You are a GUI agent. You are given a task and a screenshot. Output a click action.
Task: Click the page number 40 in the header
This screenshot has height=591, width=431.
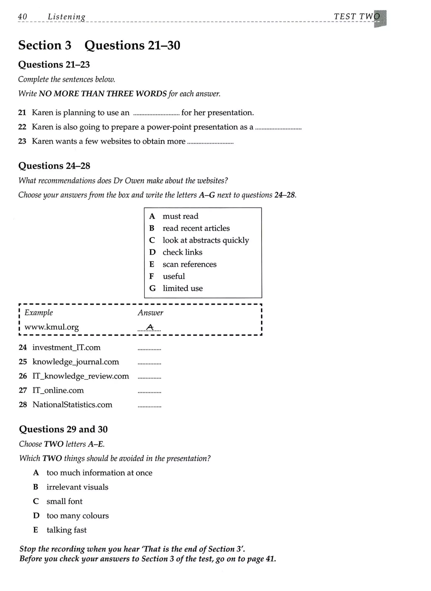[23, 17]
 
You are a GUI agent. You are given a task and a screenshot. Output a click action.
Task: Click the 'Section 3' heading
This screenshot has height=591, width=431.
[45, 45]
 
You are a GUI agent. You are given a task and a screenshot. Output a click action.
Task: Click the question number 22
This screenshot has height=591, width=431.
[22, 127]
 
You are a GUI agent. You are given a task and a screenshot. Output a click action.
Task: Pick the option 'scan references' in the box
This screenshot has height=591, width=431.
[189, 264]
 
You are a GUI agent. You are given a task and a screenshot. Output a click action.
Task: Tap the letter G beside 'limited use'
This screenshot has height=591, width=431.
[152, 288]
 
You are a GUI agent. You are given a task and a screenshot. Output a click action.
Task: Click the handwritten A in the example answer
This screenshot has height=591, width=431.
[150, 327]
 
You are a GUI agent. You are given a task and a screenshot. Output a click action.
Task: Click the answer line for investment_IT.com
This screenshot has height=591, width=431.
[149, 349]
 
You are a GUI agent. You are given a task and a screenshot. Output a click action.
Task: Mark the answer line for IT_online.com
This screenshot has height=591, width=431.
[149, 392]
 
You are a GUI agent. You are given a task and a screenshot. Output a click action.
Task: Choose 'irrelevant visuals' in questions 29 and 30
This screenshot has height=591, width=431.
[77, 487]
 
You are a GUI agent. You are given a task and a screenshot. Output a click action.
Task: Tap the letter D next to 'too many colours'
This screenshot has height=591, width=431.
[36, 516]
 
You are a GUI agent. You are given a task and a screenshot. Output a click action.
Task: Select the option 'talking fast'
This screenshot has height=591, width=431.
[67, 530]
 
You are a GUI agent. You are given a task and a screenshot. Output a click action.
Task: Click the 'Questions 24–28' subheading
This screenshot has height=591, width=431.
[54, 166]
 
